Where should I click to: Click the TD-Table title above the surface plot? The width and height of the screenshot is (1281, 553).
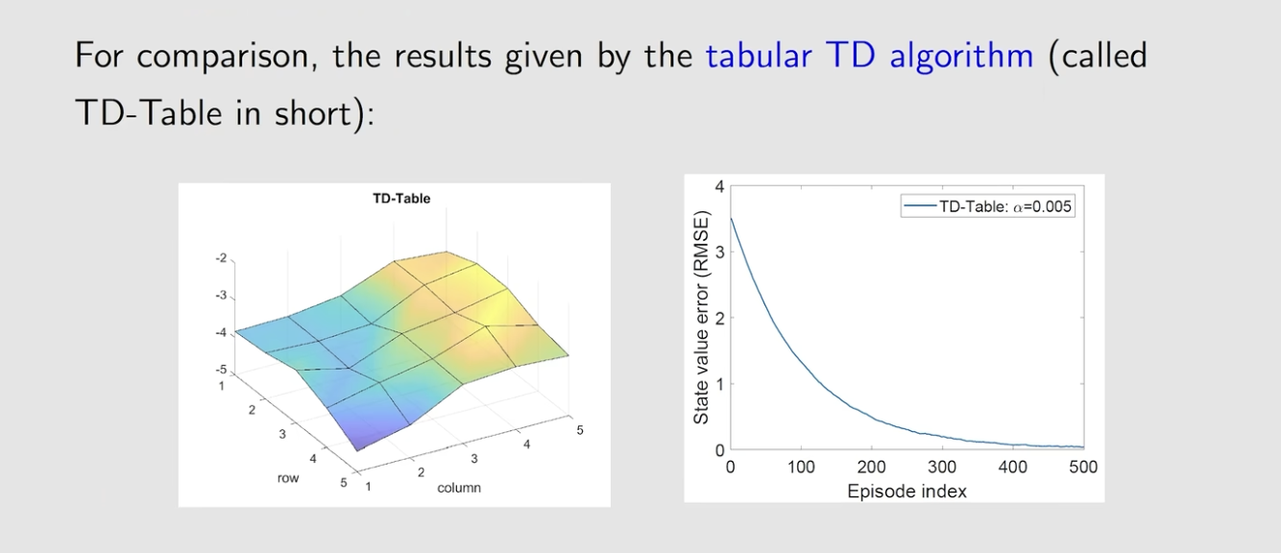pos(401,199)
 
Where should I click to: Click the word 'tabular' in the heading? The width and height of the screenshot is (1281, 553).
pos(759,56)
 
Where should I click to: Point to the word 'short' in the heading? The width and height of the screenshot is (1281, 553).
pos(312,112)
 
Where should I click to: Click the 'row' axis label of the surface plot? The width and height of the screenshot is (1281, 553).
pos(288,478)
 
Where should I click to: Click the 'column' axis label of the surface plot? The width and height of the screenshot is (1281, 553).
pos(459,488)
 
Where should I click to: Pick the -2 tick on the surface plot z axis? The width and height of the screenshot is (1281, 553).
pos(221,258)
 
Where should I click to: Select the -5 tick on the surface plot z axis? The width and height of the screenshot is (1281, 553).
pos(221,370)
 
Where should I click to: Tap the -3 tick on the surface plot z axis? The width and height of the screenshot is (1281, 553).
pos(221,296)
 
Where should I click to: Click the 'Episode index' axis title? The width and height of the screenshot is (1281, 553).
pos(906,492)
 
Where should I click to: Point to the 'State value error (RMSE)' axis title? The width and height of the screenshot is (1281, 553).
pos(701,318)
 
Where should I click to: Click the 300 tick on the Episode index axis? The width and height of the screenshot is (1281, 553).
pos(942,468)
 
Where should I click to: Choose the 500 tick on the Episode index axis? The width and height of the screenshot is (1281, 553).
pos(1083,468)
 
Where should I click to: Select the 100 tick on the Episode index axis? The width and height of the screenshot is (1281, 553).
pos(801,468)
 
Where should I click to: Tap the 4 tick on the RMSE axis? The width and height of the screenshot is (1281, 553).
pos(719,186)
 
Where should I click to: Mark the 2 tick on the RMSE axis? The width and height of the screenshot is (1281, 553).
pos(719,318)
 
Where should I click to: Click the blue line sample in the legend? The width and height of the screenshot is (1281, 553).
pos(920,205)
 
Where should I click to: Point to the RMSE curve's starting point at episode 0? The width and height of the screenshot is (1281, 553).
pos(731,219)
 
